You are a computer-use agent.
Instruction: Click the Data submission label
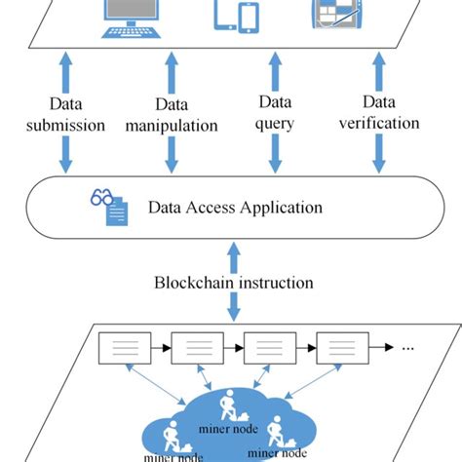coord(66,114)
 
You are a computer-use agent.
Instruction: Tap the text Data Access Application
coord(234,207)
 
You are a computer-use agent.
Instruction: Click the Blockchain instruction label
coord(234,283)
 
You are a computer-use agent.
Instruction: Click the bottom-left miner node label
coord(173,454)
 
